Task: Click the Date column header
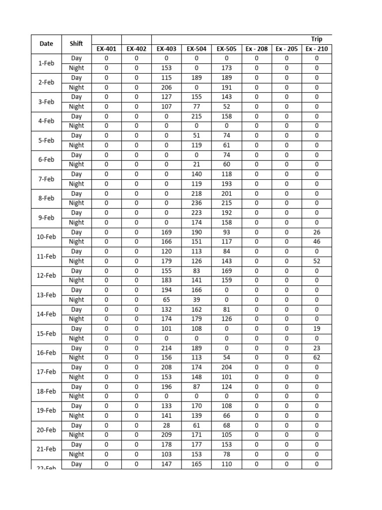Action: [46, 44]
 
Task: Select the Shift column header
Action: [77, 44]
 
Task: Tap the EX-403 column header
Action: [166, 49]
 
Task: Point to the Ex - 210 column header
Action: [317, 49]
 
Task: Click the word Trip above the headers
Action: [317, 39]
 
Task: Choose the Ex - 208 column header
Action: [257, 49]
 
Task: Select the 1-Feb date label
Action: [46, 63]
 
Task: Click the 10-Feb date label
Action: [46, 237]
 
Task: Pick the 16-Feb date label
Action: [46, 353]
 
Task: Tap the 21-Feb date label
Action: [46, 449]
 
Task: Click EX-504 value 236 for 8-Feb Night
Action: [196, 203]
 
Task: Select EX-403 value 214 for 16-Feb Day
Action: [166, 348]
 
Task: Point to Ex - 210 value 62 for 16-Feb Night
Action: [317, 358]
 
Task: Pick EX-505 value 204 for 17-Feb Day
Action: [226, 368]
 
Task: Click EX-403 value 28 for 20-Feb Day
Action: [166, 425]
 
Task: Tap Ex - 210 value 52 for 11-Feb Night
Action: [317, 261]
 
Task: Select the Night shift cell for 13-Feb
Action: [77, 300]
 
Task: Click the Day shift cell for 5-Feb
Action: [77, 135]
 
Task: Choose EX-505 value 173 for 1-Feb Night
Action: [226, 68]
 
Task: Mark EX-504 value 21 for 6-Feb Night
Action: [196, 164]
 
